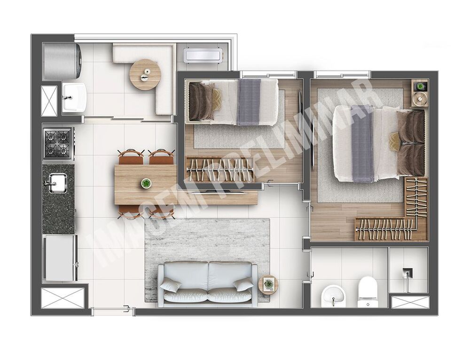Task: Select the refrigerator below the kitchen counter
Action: (x=60, y=258)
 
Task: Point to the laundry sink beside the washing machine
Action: (x=74, y=97)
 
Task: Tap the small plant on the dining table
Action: (x=146, y=183)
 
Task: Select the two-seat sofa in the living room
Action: (x=207, y=283)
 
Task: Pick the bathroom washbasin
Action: (x=333, y=297)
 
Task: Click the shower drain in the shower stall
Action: (x=407, y=273)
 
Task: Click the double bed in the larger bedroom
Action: (x=379, y=143)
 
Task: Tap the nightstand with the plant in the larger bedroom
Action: (x=420, y=93)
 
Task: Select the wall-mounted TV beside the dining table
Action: (x=218, y=192)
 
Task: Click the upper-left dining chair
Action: (x=131, y=157)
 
